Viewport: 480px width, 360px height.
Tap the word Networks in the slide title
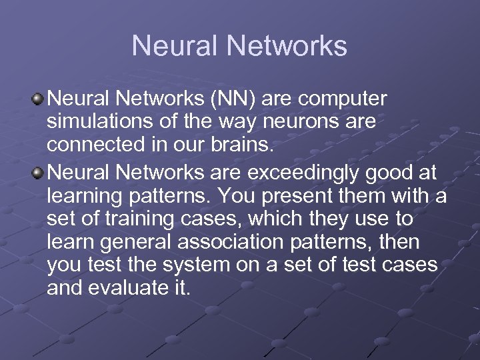[287, 46]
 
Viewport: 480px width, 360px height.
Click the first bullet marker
[39, 100]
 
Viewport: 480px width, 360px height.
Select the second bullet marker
[39, 173]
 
